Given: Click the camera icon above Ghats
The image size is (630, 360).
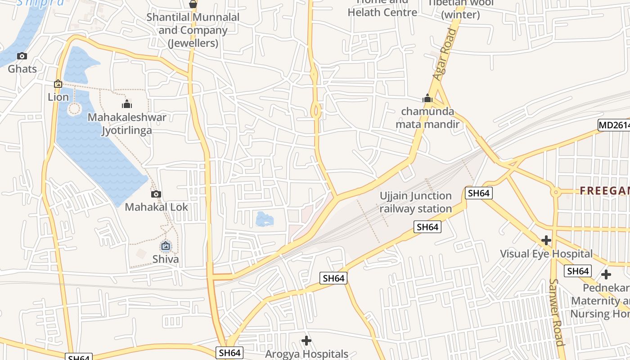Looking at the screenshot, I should tap(22, 56).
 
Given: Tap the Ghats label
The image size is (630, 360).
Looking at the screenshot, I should tap(22, 69).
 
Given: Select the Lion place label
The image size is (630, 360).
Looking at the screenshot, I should tap(58, 97).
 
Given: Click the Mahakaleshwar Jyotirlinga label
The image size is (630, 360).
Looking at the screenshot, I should tap(127, 124).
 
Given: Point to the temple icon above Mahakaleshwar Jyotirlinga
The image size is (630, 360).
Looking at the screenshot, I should tap(127, 104).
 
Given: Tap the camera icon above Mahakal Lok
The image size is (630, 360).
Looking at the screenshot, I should tap(156, 194).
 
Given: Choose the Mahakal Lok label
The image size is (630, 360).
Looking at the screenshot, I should tap(156, 207).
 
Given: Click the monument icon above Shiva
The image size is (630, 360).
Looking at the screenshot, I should tap(166, 246).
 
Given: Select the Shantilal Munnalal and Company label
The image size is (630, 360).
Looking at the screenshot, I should tap(193, 30).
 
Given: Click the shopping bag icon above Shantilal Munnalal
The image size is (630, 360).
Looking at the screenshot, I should tap(193, 4).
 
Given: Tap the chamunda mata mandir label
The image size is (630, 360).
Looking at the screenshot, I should tap(427, 118).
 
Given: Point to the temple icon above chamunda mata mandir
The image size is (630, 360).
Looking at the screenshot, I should tap(427, 99).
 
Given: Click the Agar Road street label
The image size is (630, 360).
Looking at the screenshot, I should tap(445, 54).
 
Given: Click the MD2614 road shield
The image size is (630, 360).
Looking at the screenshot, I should tap(613, 125).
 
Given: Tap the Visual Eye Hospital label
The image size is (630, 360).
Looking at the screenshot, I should tap(546, 254).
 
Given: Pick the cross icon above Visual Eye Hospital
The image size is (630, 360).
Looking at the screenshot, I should tap(546, 240).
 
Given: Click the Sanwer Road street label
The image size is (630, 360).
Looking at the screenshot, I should tap(556, 312).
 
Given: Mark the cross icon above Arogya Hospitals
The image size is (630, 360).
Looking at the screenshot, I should tap(306, 341).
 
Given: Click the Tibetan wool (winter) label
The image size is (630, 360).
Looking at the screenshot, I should tap(460, 9).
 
